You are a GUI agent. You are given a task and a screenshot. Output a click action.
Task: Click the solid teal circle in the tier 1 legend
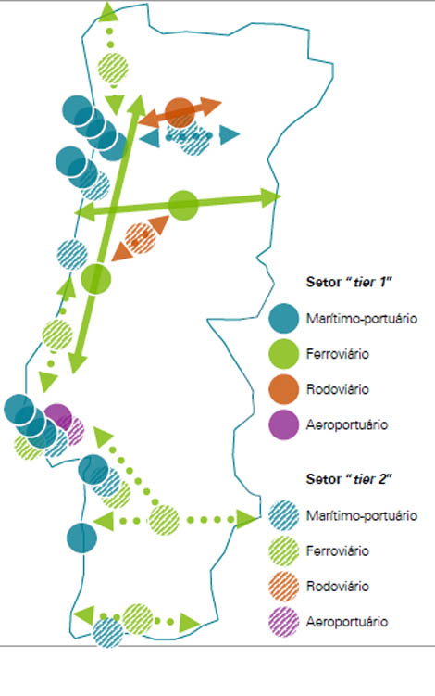(283, 318)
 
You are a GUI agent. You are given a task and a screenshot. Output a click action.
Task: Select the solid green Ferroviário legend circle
(283, 354)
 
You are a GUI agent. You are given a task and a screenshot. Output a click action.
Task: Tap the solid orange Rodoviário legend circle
(283, 389)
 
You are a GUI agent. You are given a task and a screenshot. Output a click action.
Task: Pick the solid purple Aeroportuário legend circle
(283, 424)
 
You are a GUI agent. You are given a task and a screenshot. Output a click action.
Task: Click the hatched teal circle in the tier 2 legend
(283, 515)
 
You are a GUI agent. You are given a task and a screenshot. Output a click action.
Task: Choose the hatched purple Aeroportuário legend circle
(283, 622)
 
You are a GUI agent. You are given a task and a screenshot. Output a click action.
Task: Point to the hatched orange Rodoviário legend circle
(283, 586)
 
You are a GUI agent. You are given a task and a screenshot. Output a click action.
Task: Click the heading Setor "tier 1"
(350, 282)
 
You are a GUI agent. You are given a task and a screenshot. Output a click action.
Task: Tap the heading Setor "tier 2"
(350, 479)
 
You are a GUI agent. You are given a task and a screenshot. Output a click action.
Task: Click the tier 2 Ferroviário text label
(338, 550)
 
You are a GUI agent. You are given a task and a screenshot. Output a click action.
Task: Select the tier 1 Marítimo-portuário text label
(362, 318)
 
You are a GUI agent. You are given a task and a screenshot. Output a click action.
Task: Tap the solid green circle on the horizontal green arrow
(183, 205)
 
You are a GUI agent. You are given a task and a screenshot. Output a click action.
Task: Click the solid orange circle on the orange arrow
(180, 112)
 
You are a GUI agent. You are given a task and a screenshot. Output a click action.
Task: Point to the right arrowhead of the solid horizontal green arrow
(270, 197)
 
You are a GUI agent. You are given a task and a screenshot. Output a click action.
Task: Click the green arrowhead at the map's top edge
(108, 11)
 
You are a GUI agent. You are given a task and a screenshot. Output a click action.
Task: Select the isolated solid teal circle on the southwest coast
(81, 538)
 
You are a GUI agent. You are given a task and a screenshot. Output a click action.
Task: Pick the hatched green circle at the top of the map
(113, 69)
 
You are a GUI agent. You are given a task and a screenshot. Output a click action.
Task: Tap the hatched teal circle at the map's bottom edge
(107, 632)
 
